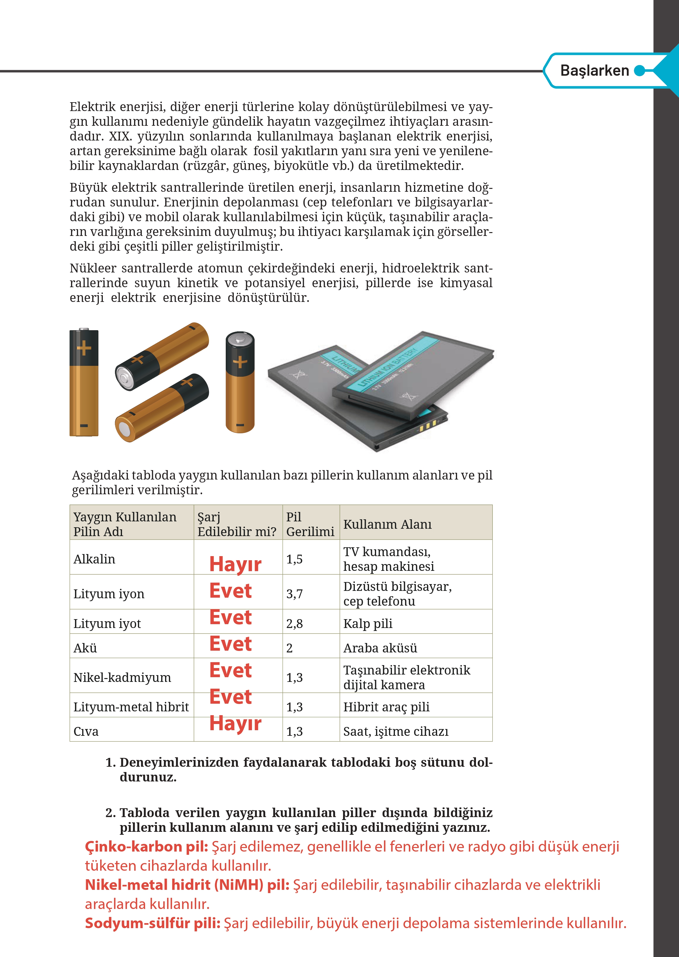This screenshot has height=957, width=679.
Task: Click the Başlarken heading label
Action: point(594,71)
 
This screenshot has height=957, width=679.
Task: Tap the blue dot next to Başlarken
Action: point(639,71)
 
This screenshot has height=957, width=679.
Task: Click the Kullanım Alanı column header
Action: point(387,524)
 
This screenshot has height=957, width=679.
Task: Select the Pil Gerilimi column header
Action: point(310,524)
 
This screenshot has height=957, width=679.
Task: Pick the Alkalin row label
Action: point(94,559)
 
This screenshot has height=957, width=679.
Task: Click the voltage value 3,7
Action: point(294,594)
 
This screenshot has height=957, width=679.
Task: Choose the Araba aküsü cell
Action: point(380,648)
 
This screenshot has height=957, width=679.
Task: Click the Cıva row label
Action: point(86,731)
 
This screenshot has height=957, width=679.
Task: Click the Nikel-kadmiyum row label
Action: point(122,677)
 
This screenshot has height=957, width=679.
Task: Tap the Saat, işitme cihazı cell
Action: point(395,731)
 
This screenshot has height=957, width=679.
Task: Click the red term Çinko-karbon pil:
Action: point(146,847)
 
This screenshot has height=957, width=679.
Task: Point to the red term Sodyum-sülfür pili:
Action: point(153,923)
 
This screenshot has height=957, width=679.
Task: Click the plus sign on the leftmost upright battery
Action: point(84,348)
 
